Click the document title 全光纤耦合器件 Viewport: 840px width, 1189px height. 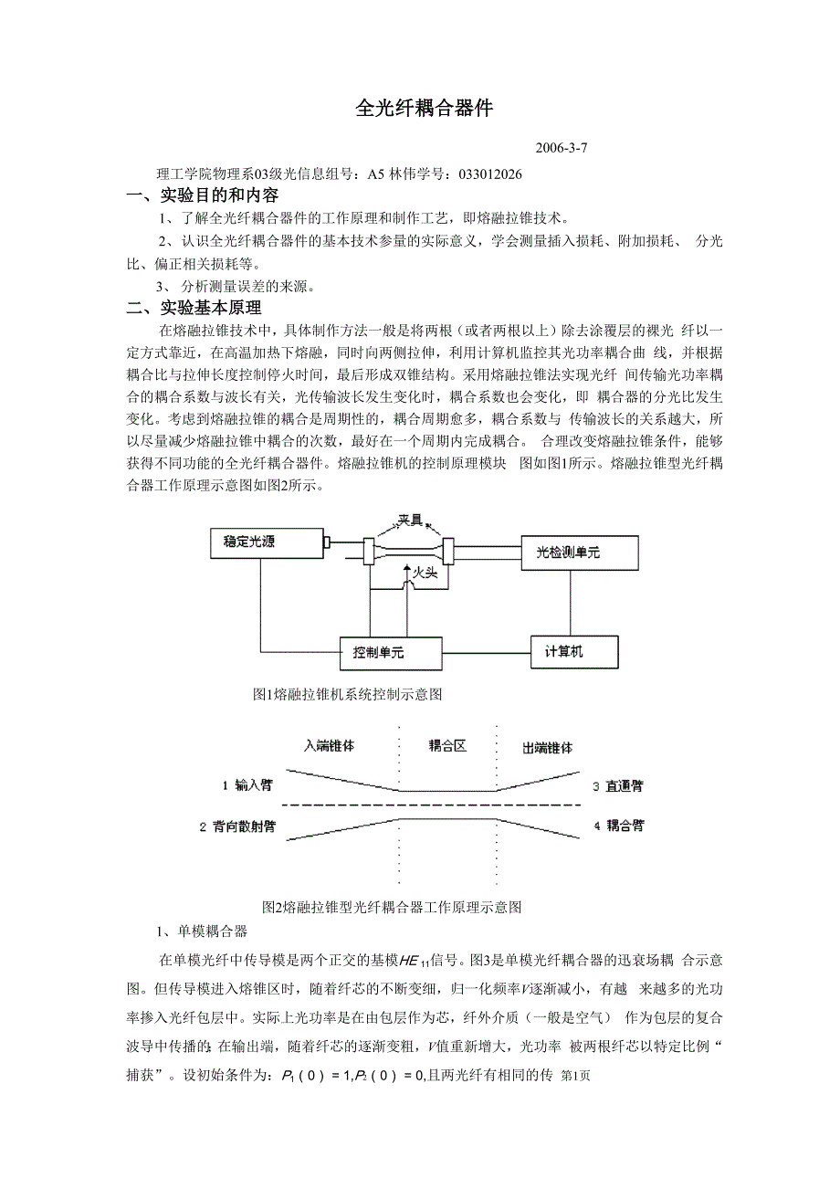pos(424,109)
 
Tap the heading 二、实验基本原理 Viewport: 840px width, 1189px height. pos(194,308)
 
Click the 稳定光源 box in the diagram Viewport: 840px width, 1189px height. pos(268,544)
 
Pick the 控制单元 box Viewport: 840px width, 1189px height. pos(390,653)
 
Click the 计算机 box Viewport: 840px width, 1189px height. pos(573,651)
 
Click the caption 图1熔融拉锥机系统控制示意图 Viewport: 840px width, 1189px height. pos(347,695)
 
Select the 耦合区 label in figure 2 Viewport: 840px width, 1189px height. pos(447,746)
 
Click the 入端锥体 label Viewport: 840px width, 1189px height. pos(329,746)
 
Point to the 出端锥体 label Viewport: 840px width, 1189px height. pos(548,748)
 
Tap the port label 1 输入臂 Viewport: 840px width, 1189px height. pos(247,785)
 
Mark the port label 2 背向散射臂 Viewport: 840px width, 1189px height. pos(238,826)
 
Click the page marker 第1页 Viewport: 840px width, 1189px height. pos(575,1076)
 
